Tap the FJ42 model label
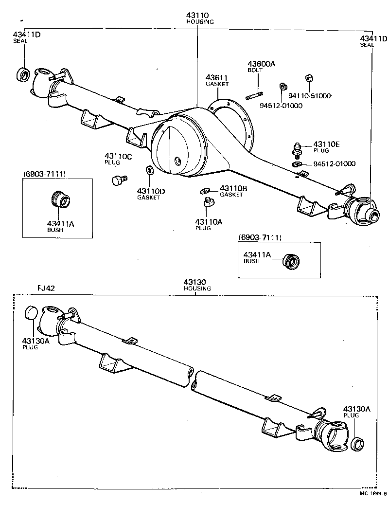(x=46, y=288)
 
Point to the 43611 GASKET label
(x=216, y=78)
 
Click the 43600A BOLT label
(x=261, y=64)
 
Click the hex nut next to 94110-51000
(x=308, y=79)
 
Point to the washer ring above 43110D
(x=149, y=171)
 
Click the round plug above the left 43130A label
(x=31, y=313)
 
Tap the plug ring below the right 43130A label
(x=357, y=444)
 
